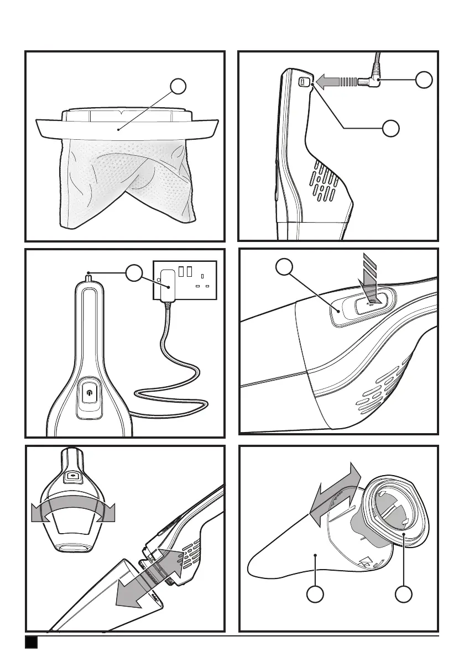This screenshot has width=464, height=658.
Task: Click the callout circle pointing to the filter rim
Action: [178, 87]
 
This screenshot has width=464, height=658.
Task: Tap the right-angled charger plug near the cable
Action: [371, 83]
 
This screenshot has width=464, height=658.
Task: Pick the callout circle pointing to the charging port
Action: [391, 128]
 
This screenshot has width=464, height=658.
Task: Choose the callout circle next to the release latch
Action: [284, 268]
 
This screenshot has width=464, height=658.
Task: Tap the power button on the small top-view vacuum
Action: [72, 475]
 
